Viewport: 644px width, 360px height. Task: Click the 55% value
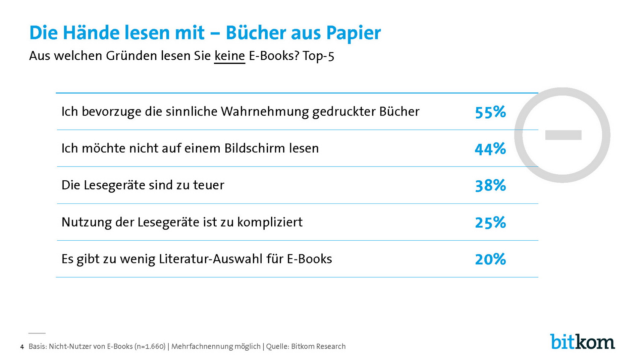pyautogui.click(x=490, y=112)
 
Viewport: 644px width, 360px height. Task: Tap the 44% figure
pyautogui.click(x=490, y=149)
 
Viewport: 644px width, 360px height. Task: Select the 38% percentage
pyautogui.click(x=490, y=185)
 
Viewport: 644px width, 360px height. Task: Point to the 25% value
pyautogui.click(x=490, y=222)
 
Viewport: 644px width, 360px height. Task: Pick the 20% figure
pyautogui.click(x=490, y=259)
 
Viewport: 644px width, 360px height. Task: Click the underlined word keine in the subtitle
pyautogui.click(x=230, y=56)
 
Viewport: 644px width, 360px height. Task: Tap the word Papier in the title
pyautogui.click(x=353, y=33)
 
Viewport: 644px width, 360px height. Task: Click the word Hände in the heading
pyautogui.click(x=91, y=33)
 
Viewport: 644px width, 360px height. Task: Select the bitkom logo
pyautogui.click(x=582, y=342)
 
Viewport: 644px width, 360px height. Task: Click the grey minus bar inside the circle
pyautogui.click(x=563, y=135)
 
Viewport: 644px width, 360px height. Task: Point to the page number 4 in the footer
pyautogui.click(x=22, y=347)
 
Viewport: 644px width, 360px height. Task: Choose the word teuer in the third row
pyautogui.click(x=209, y=185)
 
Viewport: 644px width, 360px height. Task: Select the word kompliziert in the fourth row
pyautogui.click(x=270, y=222)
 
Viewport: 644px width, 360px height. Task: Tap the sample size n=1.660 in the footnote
pyautogui.click(x=150, y=347)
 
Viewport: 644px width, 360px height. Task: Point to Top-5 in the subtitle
pyautogui.click(x=318, y=56)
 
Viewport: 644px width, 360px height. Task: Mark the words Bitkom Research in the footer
pyautogui.click(x=318, y=347)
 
